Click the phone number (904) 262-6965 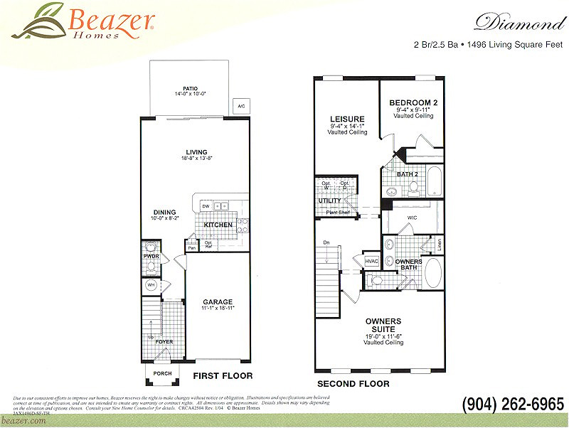coord(513,403)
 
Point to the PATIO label coord(190,89)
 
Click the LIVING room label coord(196,152)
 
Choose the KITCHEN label coord(218,225)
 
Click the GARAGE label coord(218,302)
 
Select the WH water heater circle coord(151,285)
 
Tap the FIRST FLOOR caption coord(223,375)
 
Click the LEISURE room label coord(347,119)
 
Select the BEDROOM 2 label coord(413,103)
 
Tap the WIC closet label coord(412,217)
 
